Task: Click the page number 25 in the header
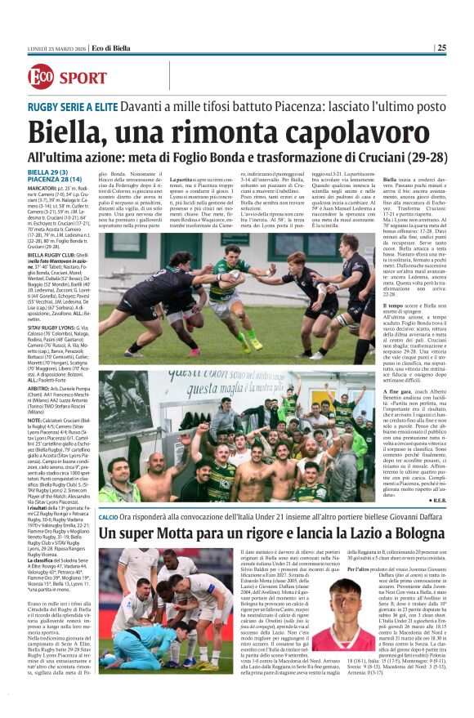441,47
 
